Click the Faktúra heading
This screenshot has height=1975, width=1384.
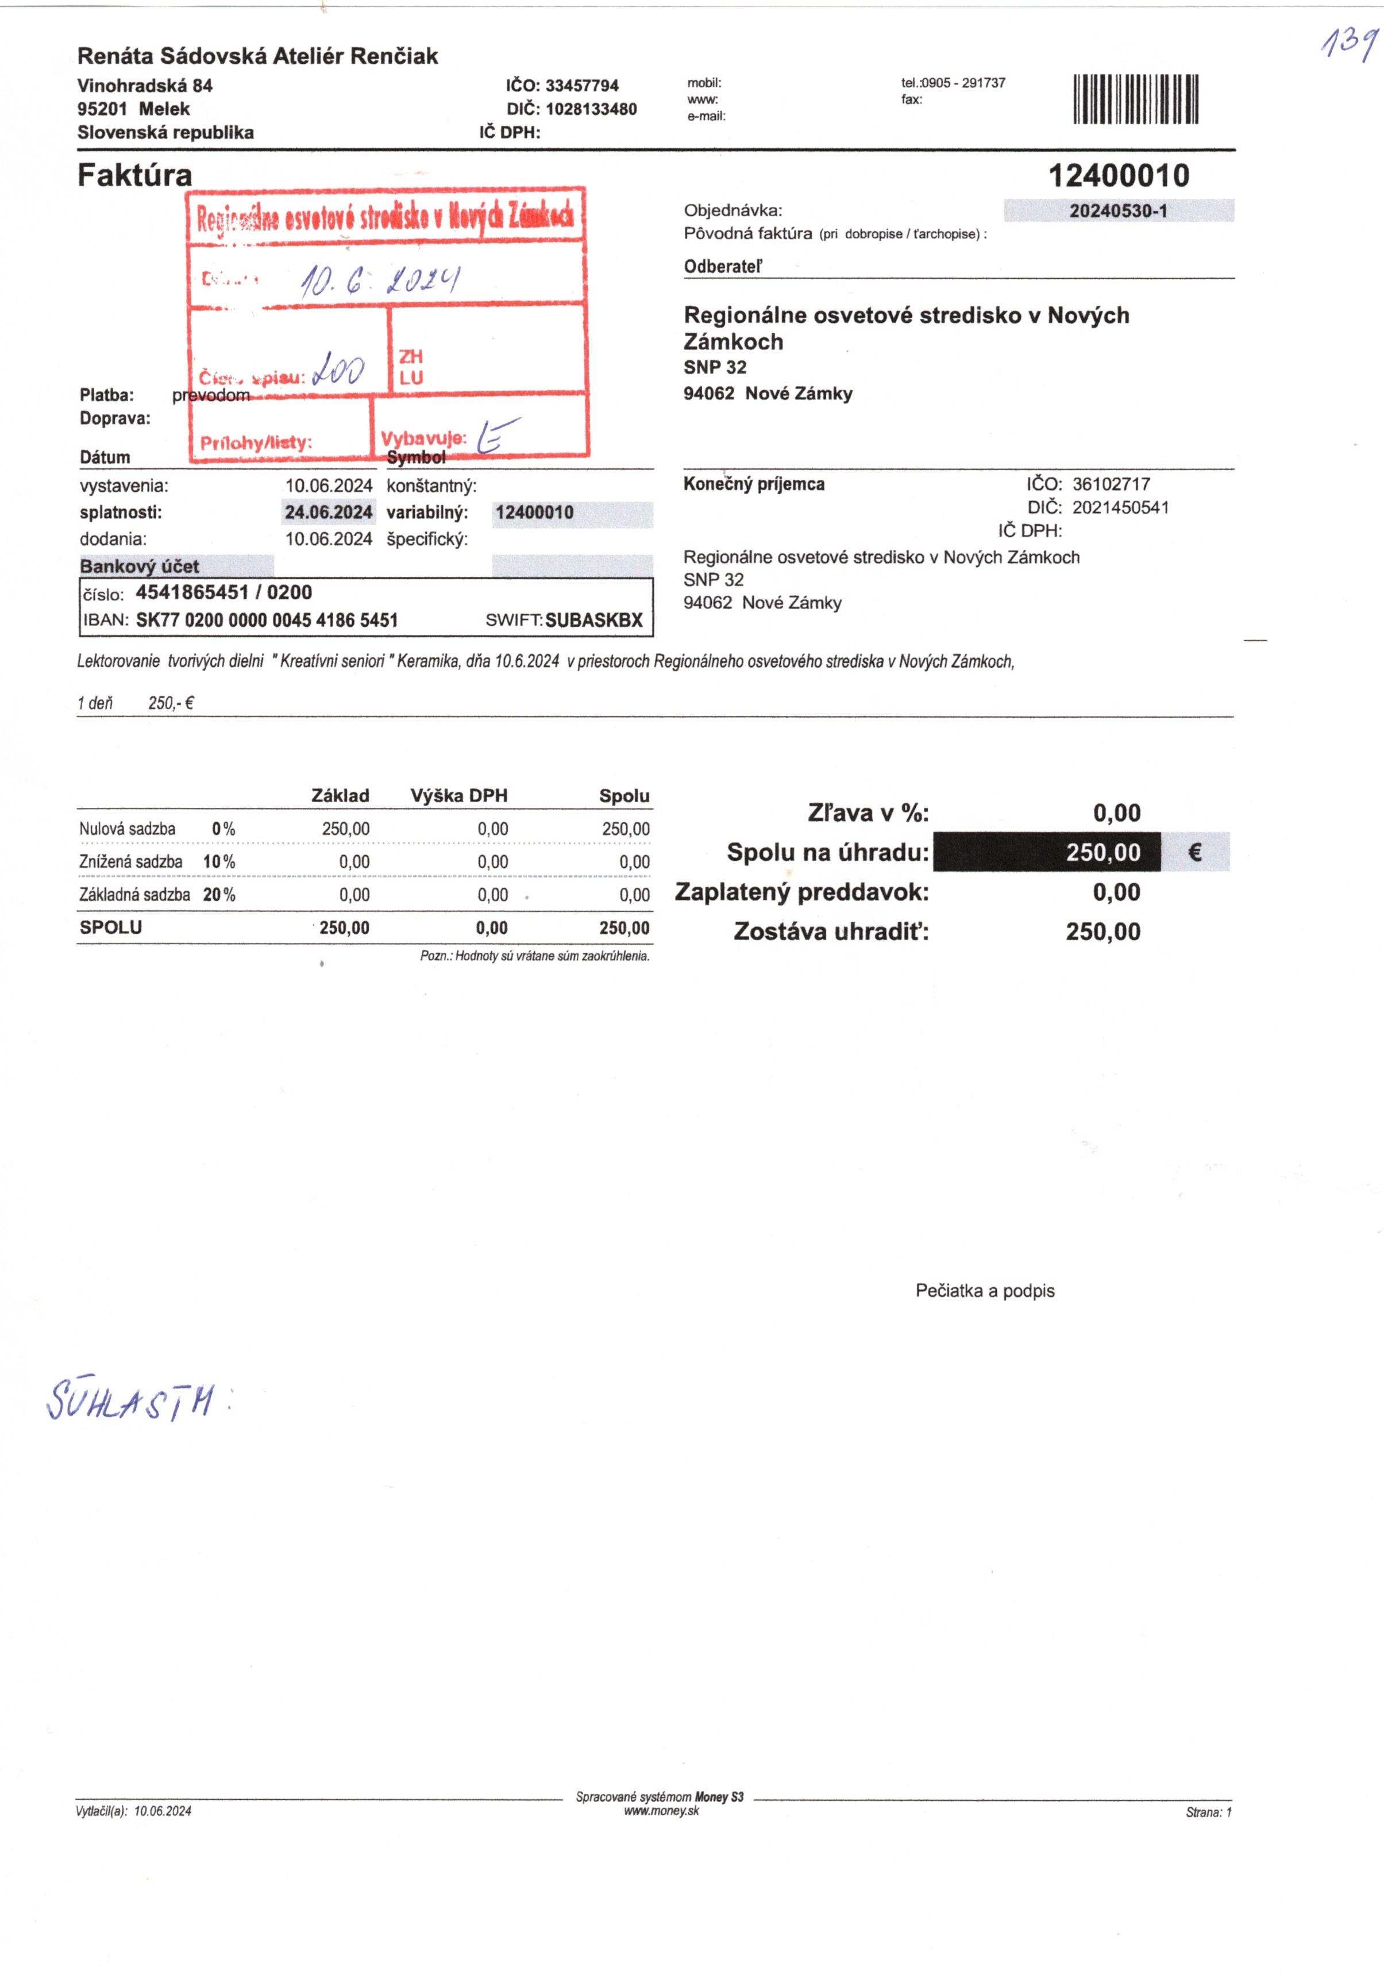tap(135, 175)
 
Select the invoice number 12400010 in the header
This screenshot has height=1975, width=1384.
tap(1118, 176)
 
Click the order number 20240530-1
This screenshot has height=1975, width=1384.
tap(1118, 211)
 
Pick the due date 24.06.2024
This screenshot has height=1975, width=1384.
tap(329, 513)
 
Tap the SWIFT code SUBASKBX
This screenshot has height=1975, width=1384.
tap(593, 620)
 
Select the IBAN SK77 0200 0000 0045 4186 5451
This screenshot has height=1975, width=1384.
tap(267, 620)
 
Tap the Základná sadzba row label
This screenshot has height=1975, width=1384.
tap(134, 895)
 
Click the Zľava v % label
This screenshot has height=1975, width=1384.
tap(868, 813)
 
